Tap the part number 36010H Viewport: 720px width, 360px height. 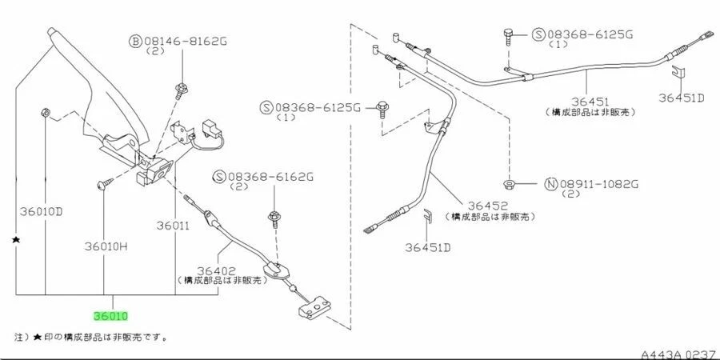pyautogui.click(x=106, y=246)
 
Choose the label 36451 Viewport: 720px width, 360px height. pyautogui.click(x=590, y=102)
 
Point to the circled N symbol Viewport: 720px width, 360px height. pyautogui.click(x=550, y=184)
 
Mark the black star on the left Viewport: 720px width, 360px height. pyautogui.click(x=16, y=239)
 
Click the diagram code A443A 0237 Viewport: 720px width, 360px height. pyautogui.click(x=678, y=352)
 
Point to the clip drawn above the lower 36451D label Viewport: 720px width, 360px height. pyautogui.click(x=428, y=216)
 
